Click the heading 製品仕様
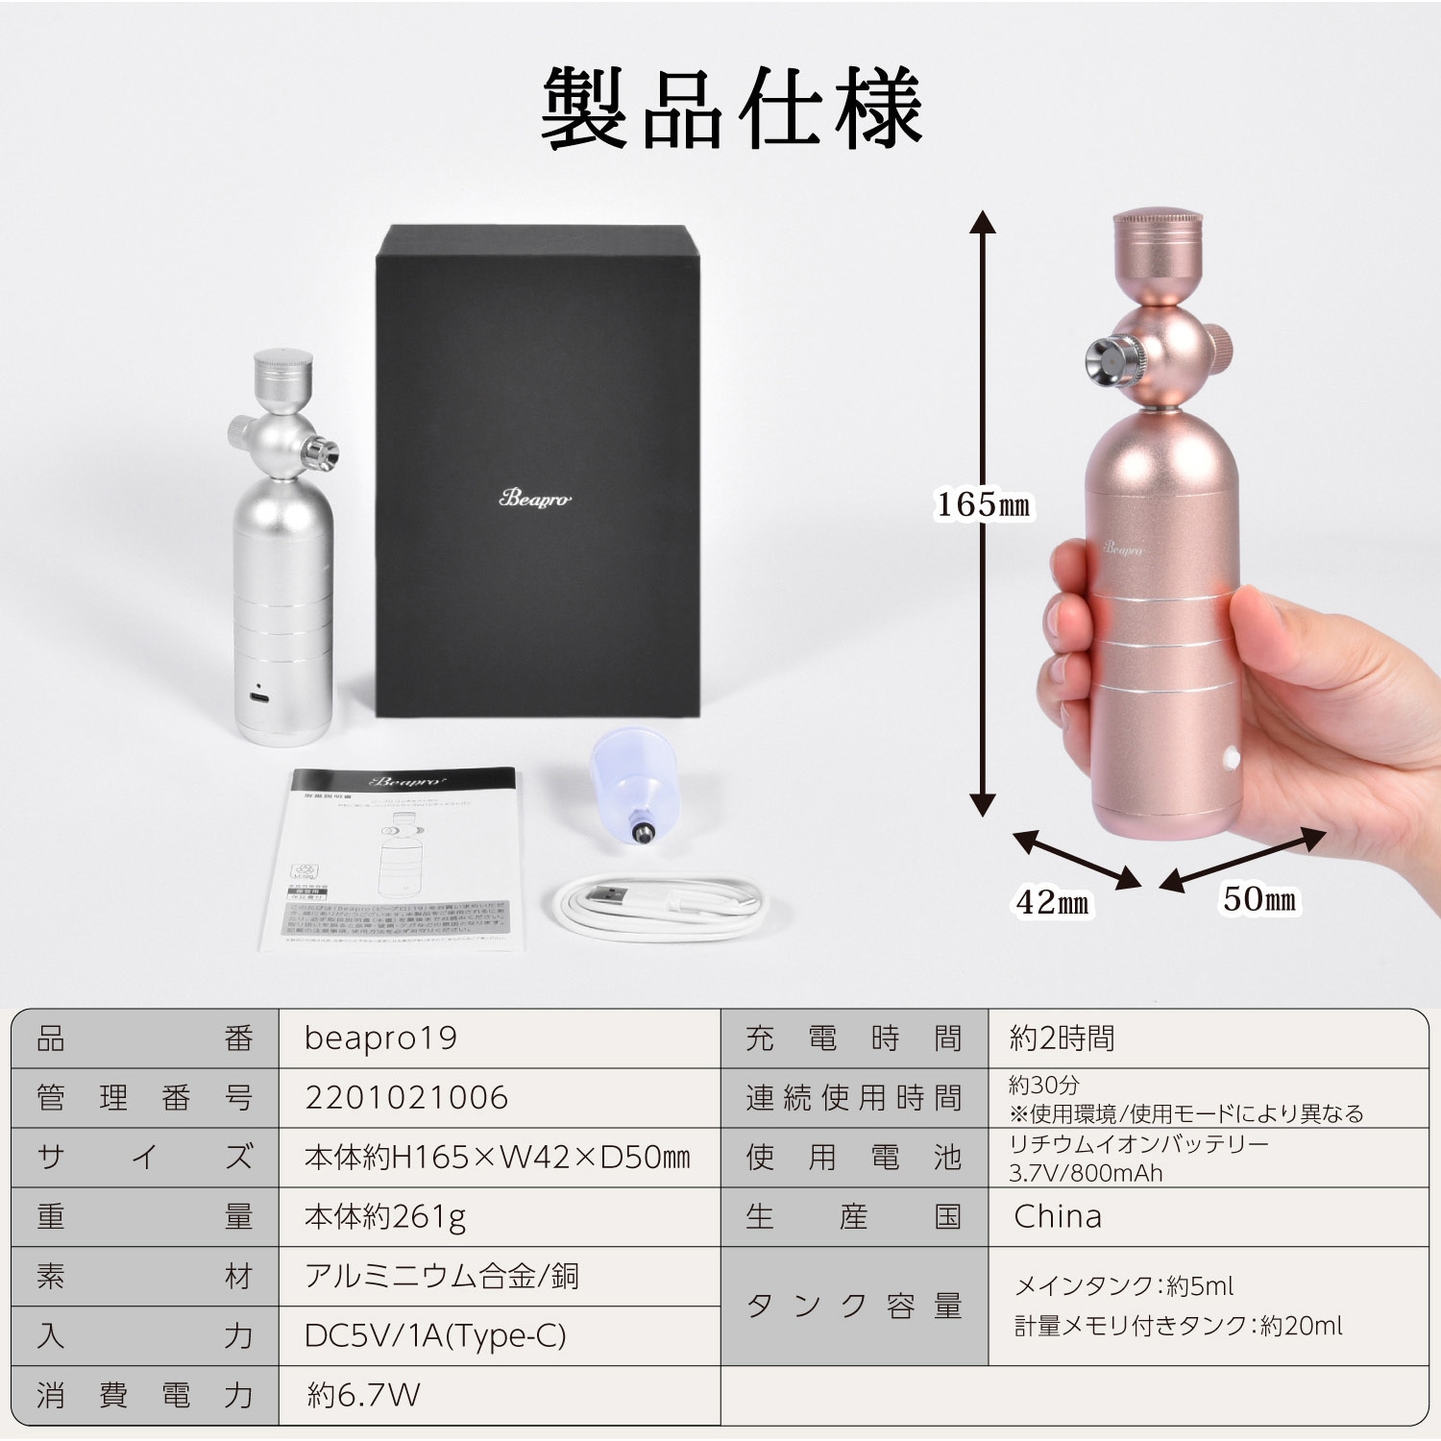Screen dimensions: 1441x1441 click(731, 109)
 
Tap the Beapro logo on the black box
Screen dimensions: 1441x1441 click(535, 498)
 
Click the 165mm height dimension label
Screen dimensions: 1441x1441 click(983, 504)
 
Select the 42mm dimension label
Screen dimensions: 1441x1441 click(1052, 902)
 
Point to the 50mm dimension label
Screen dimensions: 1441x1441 click(1258, 899)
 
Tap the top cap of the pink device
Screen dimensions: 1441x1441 click(1160, 240)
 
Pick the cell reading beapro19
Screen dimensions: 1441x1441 click(380, 1038)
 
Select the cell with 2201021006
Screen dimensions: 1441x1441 click(405, 1098)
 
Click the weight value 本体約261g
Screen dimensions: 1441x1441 click(385, 1217)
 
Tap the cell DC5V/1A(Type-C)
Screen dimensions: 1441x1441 click(435, 1335)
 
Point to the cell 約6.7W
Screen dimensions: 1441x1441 click(363, 1395)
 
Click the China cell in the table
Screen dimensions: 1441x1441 click(1058, 1217)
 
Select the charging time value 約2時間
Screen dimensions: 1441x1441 click(1062, 1038)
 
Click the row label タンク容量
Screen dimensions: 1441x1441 click(854, 1306)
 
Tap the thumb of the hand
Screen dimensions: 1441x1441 click(1316, 663)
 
